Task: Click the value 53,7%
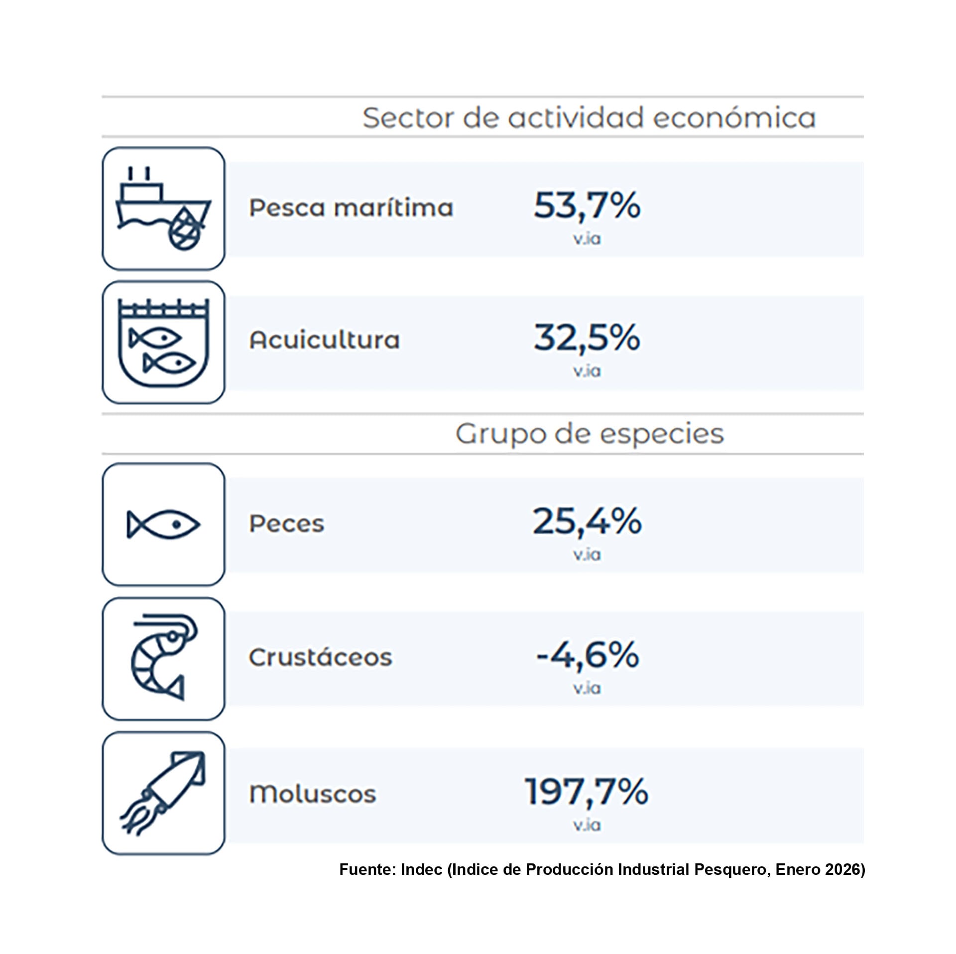[x=587, y=205]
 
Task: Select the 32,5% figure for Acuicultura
[x=587, y=338]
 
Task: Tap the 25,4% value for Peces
[x=587, y=521]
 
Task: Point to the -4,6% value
[x=588, y=655]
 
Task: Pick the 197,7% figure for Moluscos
[x=587, y=791]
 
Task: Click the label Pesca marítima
[x=351, y=208]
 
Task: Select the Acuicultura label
[x=324, y=340]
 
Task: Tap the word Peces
[x=286, y=524]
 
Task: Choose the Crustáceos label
[x=320, y=657]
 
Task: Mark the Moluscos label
[x=312, y=794]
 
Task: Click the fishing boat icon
[x=163, y=209]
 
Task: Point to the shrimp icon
[x=163, y=658]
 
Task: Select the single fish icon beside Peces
[x=163, y=524]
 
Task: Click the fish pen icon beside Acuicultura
[x=163, y=343]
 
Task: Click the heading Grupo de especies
[x=590, y=434]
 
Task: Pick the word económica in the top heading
[x=734, y=118]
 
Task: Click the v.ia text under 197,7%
[x=587, y=826]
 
